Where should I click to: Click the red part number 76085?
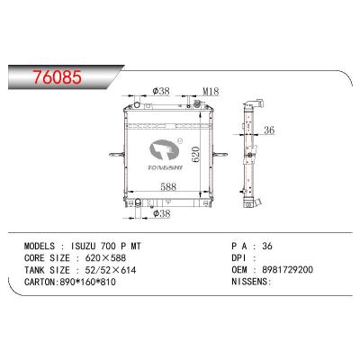tap(57, 77)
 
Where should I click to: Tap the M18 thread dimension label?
tap(211, 92)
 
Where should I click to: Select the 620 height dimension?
tap(195, 155)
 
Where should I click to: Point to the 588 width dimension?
tap(168, 186)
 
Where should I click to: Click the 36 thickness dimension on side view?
tap(269, 130)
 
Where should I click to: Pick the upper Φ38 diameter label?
tap(161, 91)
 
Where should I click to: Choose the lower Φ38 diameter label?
tap(162, 213)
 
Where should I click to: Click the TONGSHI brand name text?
tap(165, 167)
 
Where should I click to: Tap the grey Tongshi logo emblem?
tap(164, 149)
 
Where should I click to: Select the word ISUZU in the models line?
tap(83, 247)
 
